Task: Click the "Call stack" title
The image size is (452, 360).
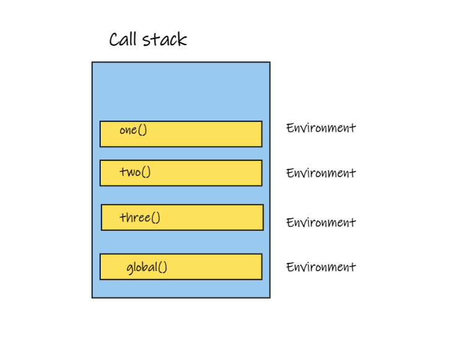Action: pos(148,40)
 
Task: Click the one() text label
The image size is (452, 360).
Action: pos(133,130)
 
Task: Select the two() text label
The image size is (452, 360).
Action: pos(135,171)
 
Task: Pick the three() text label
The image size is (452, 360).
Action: pos(140,218)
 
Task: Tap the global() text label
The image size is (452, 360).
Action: pos(147,267)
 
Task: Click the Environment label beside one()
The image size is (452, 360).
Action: pos(320,128)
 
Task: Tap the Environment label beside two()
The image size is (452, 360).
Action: pos(320,173)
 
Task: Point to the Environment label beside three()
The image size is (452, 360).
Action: pos(320,222)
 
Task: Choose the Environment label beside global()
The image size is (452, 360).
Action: pos(320,267)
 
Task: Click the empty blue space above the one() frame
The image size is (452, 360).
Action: pos(181,92)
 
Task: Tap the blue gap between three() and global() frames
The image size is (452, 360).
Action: pos(181,242)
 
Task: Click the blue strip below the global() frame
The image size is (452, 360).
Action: pos(181,288)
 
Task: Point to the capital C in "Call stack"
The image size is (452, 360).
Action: pos(114,40)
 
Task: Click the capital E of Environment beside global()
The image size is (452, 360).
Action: pos(289,267)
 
